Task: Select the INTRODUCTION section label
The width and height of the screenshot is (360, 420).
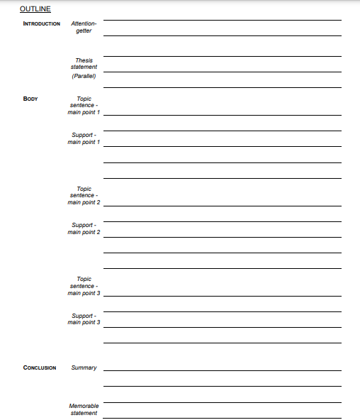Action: click(42, 23)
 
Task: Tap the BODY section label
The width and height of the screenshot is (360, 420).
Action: click(30, 99)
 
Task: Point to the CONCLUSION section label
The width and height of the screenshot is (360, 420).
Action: click(40, 367)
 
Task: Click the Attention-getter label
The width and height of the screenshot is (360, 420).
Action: click(84, 27)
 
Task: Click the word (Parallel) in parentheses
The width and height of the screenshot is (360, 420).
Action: click(84, 76)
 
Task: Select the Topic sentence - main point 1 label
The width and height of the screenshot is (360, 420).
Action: click(84, 106)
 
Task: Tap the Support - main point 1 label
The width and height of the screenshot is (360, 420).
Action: click(84, 138)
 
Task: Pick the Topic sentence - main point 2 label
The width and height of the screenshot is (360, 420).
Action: click(84, 196)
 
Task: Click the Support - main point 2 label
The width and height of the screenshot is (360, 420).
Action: click(84, 228)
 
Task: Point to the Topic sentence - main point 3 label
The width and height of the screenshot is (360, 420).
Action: click(84, 286)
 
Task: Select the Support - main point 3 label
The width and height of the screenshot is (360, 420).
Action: click(84, 319)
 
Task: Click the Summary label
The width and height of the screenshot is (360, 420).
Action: click(84, 367)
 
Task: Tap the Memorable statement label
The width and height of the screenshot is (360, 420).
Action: click(84, 409)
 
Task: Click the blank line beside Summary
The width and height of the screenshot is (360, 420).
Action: click(222, 370)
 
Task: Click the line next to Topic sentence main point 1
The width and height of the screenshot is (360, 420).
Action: click(222, 114)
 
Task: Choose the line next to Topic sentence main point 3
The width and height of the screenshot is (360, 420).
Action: click(222, 294)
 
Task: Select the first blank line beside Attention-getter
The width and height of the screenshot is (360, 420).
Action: click(222, 20)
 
